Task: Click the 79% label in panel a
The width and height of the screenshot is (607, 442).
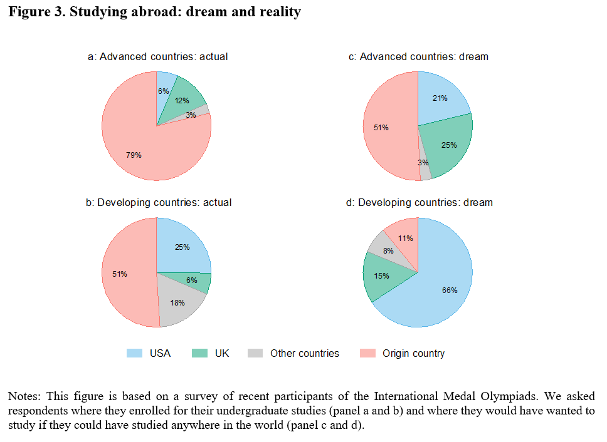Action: coord(134,155)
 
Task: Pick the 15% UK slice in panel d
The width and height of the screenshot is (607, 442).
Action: coord(381,276)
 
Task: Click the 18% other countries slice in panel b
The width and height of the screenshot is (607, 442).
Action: coord(179,303)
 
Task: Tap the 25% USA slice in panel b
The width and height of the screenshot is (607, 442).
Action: coord(182,247)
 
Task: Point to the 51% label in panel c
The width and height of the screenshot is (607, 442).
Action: coord(381,128)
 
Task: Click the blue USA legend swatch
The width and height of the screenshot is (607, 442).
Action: coord(134,354)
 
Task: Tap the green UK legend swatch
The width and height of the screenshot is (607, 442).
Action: coord(200,354)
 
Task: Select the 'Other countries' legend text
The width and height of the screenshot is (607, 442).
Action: coord(304,354)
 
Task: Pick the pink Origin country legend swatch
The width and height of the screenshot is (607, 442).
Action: coord(367,354)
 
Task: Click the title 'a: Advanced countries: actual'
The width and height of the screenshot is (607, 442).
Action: coord(157,56)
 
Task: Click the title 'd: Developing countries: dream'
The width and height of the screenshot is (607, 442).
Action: coord(419,202)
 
